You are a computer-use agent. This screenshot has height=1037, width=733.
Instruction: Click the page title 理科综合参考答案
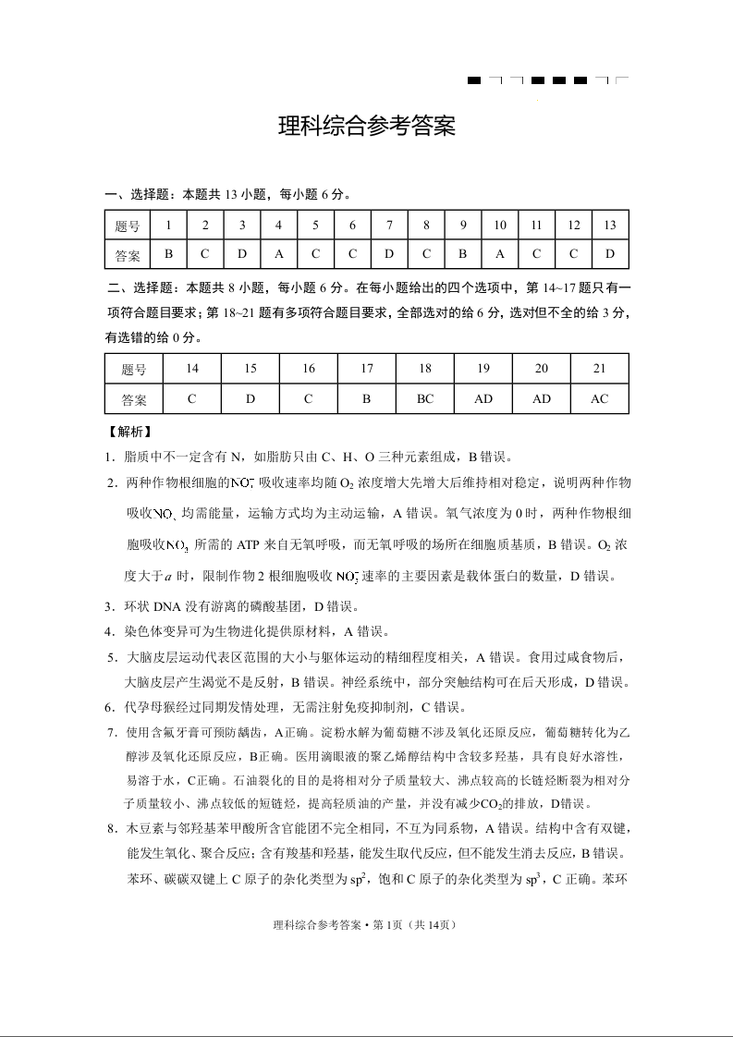(x=366, y=127)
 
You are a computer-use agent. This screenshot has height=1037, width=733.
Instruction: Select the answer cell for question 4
(x=278, y=254)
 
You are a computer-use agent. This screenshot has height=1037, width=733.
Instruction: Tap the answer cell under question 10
(x=499, y=254)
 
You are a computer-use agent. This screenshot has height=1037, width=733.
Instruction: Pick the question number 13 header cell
(x=609, y=226)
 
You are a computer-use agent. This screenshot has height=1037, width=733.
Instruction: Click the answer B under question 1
(x=168, y=254)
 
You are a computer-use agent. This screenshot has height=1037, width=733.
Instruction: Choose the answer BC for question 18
(x=424, y=399)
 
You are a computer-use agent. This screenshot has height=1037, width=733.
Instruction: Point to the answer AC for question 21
(x=599, y=399)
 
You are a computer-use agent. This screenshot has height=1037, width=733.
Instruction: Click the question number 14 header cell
(x=191, y=369)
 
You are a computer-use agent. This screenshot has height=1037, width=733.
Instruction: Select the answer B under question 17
(x=366, y=399)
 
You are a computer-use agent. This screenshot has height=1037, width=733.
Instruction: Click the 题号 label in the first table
(x=128, y=226)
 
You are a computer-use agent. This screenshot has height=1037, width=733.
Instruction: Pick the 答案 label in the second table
(x=134, y=399)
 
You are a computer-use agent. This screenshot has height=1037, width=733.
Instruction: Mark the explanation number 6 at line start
(x=110, y=708)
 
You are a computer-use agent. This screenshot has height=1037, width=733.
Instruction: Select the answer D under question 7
(x=389, y=254)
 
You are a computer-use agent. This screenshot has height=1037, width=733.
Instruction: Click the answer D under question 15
(x=250, y=399)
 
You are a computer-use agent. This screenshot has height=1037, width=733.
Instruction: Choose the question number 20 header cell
(x=541, y=369)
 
